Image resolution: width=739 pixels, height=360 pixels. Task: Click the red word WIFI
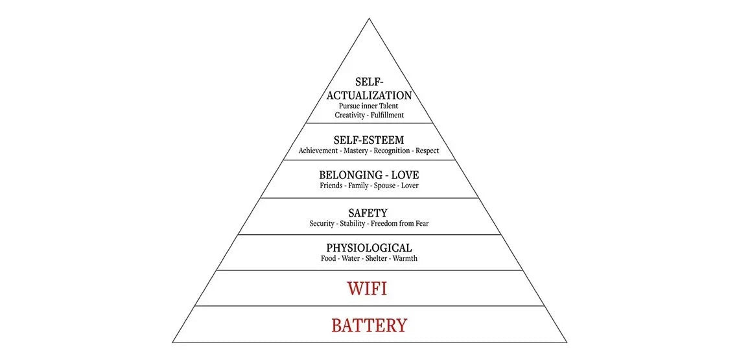[367, 288]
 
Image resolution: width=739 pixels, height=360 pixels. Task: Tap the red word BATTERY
[369, 326]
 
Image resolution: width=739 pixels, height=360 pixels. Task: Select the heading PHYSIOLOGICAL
[369, 248]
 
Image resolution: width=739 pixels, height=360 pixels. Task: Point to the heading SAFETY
[368, 213]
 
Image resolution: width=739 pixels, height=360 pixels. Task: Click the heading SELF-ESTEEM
[369, 140]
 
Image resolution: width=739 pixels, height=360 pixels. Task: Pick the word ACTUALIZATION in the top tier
[369, 96]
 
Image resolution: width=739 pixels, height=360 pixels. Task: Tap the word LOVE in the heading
[403, 176]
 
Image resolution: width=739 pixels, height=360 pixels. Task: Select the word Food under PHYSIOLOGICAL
[328, 259]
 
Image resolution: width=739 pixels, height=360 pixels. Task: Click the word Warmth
[405, 259]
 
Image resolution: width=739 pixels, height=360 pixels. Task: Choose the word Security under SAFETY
[322, 224]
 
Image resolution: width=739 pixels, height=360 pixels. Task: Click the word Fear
[422, 224]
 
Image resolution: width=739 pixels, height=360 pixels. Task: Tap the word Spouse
[384, 186]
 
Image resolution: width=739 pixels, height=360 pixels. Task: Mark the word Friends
[331, 186]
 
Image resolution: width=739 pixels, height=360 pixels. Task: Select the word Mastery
[356, 151]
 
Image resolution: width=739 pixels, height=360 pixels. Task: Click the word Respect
[427, 151]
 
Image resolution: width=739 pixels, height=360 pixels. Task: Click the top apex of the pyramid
[369, 18]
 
